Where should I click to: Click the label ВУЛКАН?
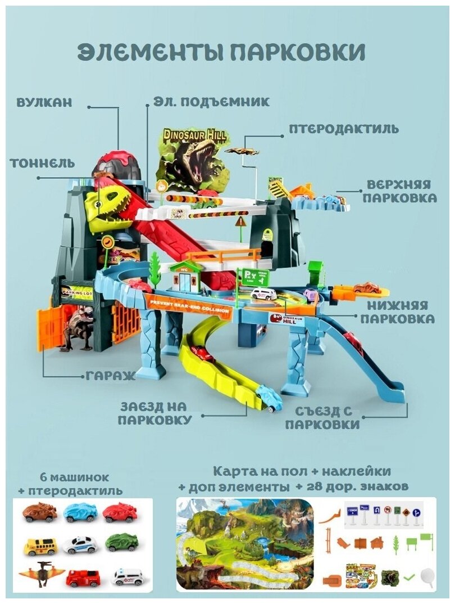pos(44,103)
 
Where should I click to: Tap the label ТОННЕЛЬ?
pos(42,163)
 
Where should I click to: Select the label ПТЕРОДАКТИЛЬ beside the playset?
pos(344,129)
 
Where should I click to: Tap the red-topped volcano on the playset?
pos(117,163)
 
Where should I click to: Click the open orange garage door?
pos(48,326)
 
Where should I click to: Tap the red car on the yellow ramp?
pos(201,353)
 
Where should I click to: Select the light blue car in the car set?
pos(80,512)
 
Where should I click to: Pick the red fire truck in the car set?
pos(83,577)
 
